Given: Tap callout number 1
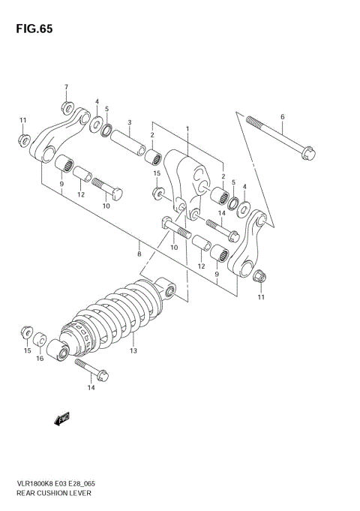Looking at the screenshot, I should pyautogui.click(x=187, y=128).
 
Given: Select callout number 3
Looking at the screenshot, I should pyautogui.click(x=130, y=122).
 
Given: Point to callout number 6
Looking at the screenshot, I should pyautogui.click(x=282, y=116).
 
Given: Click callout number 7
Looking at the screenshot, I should pyautogui.click(x=65, y=87).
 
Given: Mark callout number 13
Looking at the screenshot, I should pyautogui.click(x=133, y=350).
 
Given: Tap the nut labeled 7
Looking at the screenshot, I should pyautogui.click(x=67, y=105).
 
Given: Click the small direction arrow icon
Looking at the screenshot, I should pyautogui.click(x=61, y=419).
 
